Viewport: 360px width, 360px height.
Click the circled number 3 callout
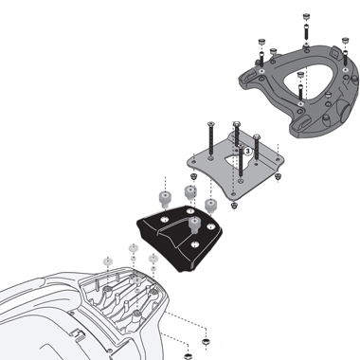(x=247, y=151)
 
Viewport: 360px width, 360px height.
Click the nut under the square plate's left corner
(x=193, y=177)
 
